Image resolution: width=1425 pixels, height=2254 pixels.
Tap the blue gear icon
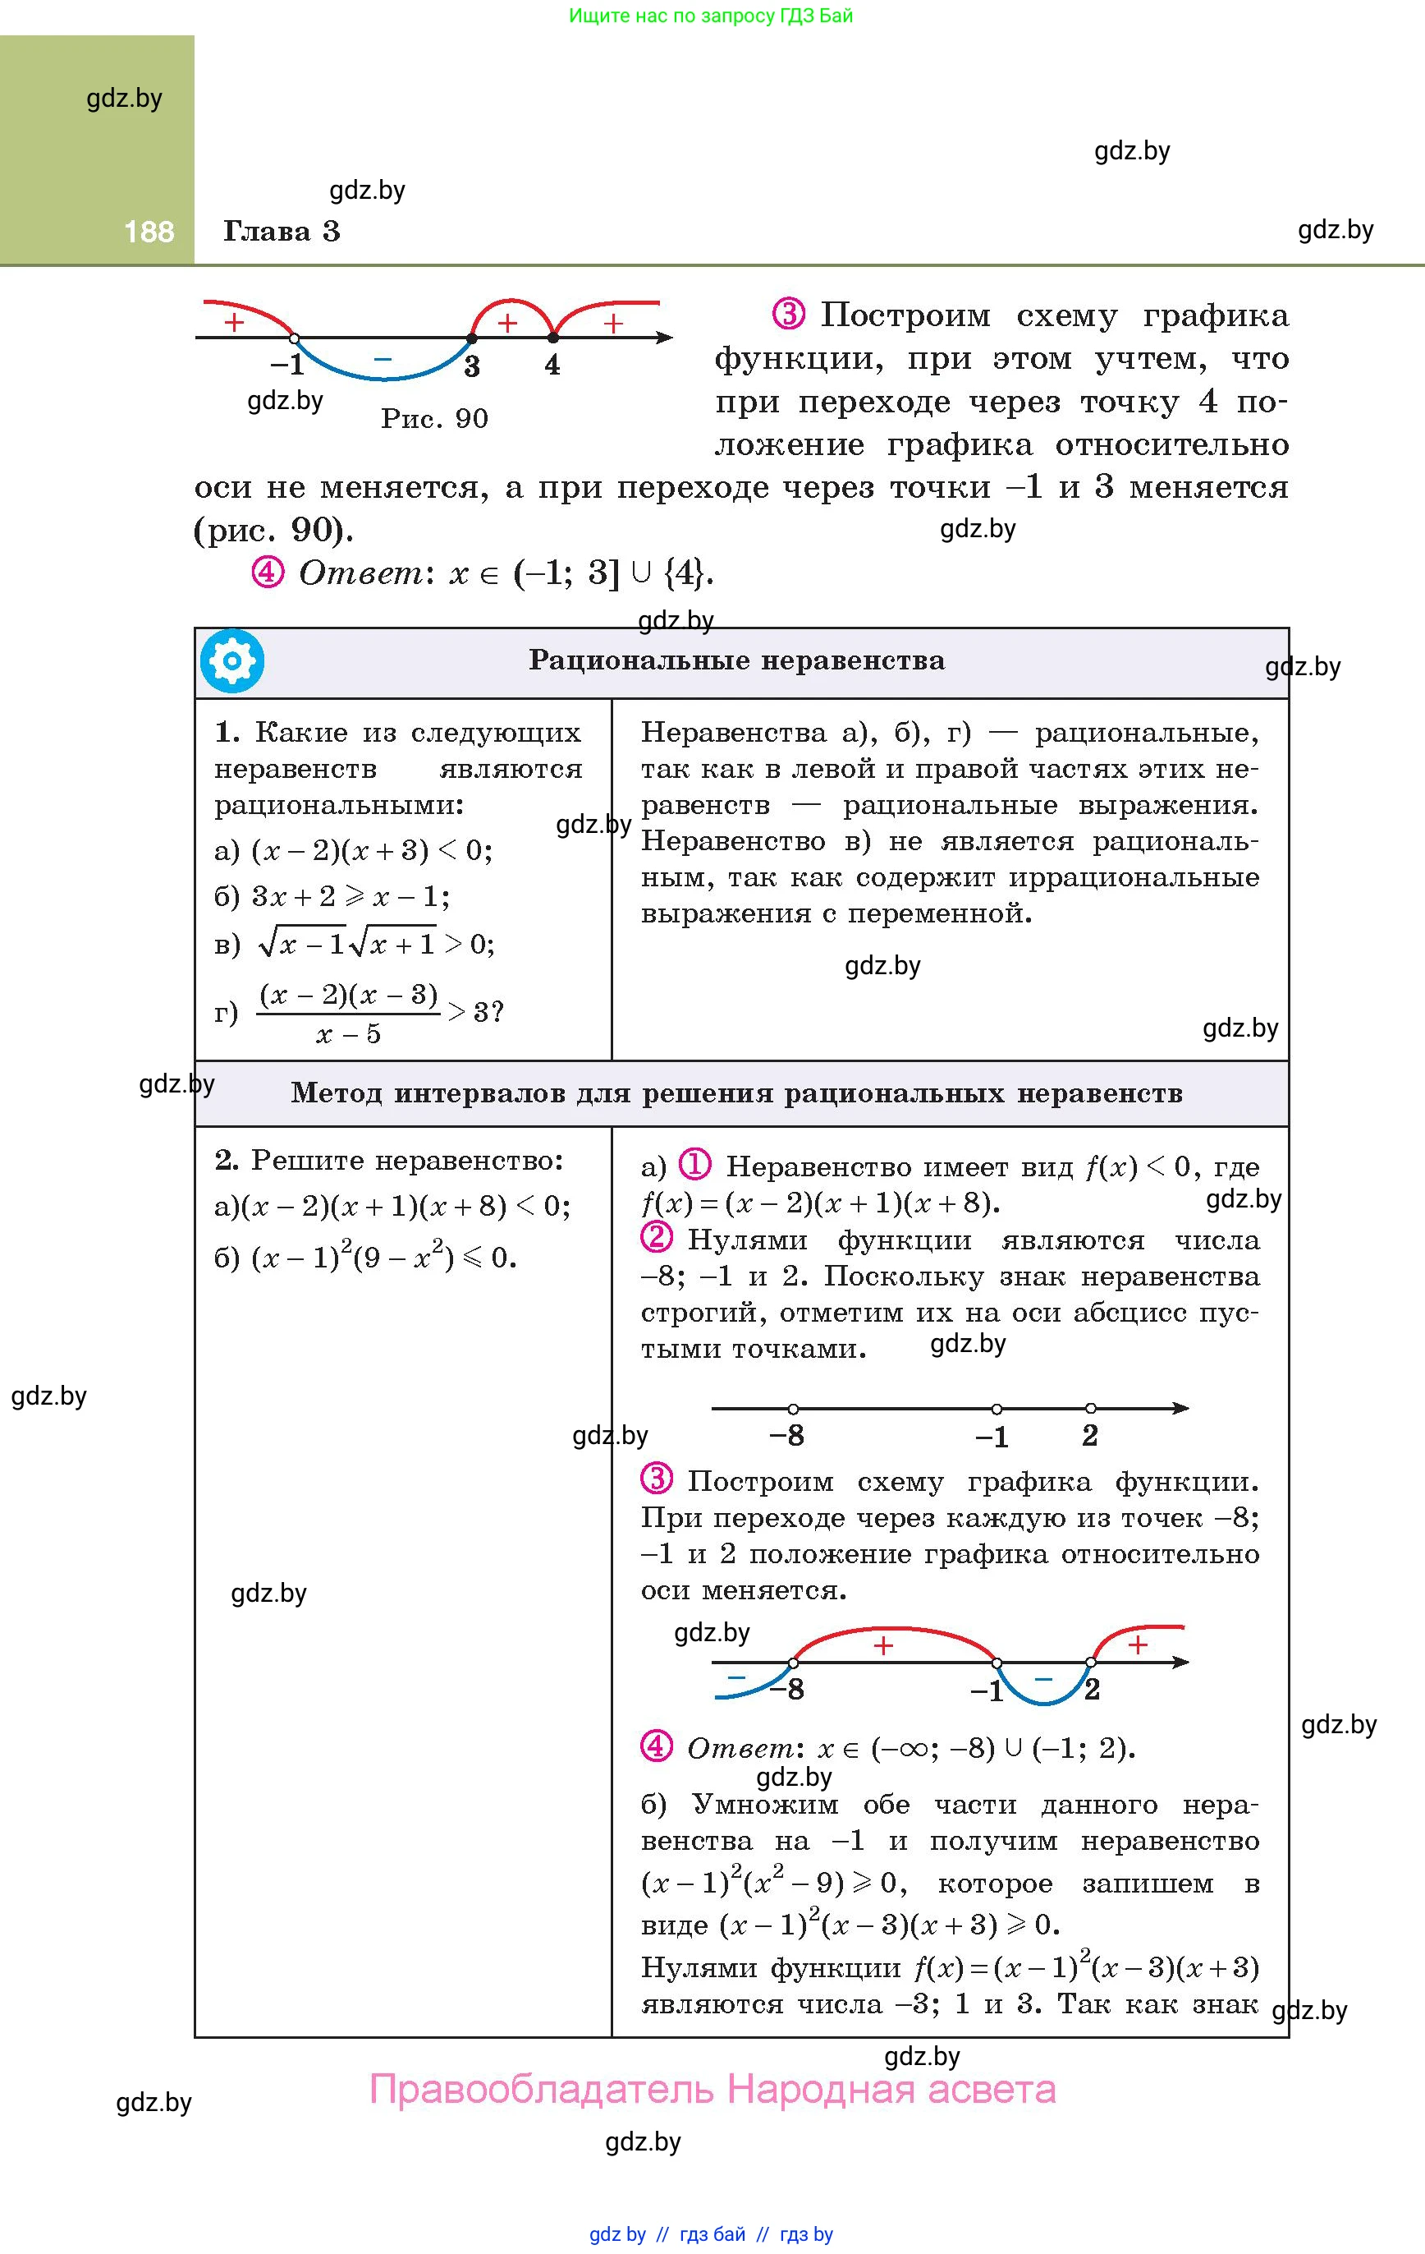(x=232, y=662)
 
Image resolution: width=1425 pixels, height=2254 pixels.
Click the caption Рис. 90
(x=434, y=418)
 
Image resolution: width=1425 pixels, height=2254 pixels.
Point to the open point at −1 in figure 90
(x=294, y=338)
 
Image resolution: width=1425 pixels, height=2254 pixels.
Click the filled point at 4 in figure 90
(x=553, y=338)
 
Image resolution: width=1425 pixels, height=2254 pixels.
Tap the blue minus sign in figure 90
(x=383, y=358)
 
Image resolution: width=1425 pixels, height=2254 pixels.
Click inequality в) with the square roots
(x=355, y=944)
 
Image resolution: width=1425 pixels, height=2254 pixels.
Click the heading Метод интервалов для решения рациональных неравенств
(x=736, y=1092)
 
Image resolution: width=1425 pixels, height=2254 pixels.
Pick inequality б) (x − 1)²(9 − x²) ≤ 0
(x=366, y=1257)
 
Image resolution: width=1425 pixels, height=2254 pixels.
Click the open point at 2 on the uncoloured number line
(x=1091, y=1408)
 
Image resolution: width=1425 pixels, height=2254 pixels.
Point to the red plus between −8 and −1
(x=882, y=1645)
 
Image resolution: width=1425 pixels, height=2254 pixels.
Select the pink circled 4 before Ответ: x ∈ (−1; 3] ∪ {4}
(x=268, y=571)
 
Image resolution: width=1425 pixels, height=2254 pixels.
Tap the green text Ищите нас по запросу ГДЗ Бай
(x=711, y=16)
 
